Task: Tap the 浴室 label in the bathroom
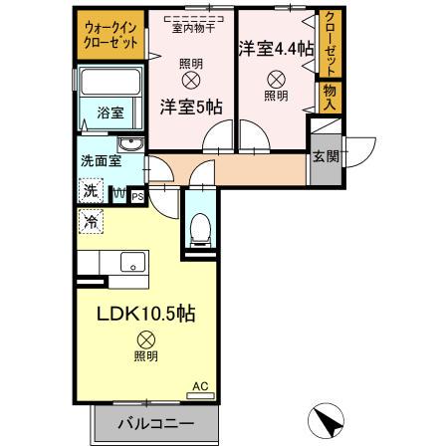point(110,113)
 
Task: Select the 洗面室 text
point(101,159)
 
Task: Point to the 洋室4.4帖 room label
point(275,46)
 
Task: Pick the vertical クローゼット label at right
point(330,42)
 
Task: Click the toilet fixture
point(199,228)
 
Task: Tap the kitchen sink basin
point(132,263)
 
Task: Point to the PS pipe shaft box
point(136,196)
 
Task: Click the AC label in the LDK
point(198,384)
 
